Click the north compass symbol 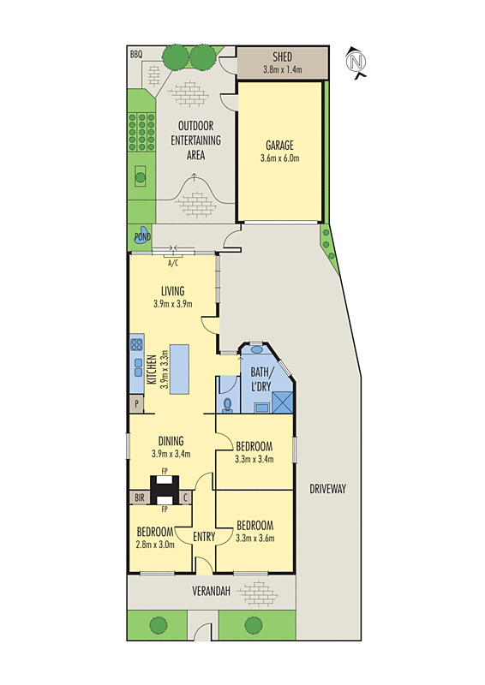coord(356,62)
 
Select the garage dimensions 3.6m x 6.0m coord(279,158)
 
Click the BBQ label coord(135,54)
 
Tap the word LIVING coord(172,291)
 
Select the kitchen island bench coord(179,369)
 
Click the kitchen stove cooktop coord(136,346)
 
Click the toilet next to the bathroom coord(227,403)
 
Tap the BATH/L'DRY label coord(260,378)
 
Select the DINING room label coord(171,442)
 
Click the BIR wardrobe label coord(139,497)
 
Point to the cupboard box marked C coord(186,497)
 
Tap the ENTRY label coord(204,537)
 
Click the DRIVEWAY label coord(326,489)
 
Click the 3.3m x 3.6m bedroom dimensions coord(254,538)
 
